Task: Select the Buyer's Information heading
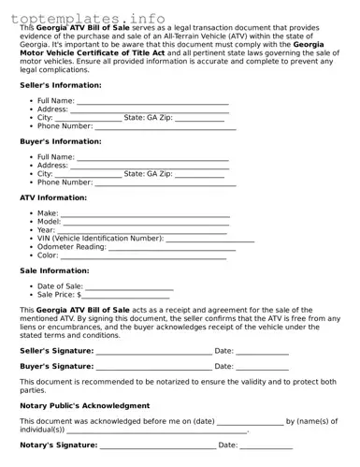(x=60, y=141)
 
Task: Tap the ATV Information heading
(x=53, y=197)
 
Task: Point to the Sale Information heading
(x=54, y=270)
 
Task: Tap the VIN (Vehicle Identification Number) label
(x=100, y=239)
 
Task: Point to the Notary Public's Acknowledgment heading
(x=84, y=405)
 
